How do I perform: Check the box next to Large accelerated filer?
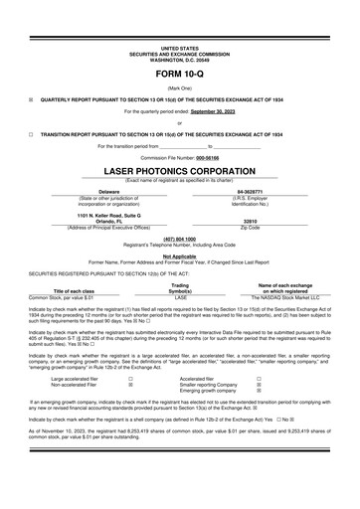point(130,379)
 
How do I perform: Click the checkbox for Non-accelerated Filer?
point(130,385)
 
